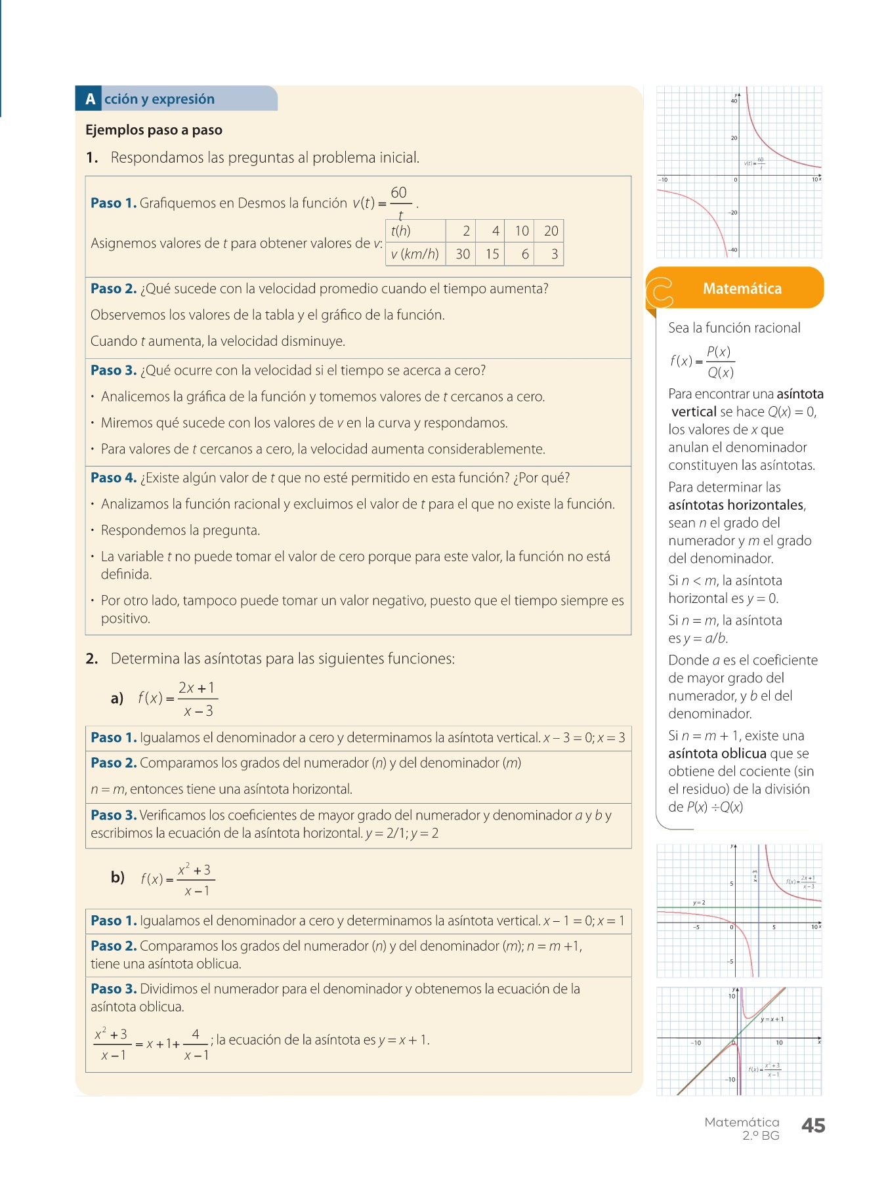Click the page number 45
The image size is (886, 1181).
(813, 1126)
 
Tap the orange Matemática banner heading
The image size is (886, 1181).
(742, 289)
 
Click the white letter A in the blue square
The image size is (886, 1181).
(90, 99)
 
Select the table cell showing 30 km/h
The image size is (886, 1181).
(463, 255)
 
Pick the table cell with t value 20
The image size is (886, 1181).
(551, 231)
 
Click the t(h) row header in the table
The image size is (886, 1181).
(401, 231)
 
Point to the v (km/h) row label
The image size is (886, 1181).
(415, 255)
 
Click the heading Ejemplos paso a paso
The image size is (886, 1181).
(154, 130)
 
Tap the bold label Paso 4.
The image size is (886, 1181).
(114, 478)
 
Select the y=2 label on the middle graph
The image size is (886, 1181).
(699, 903)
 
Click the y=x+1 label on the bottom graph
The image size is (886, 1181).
(772, 1020)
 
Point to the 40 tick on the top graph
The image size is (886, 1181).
(734, 101)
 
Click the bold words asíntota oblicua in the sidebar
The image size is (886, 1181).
(717, 754)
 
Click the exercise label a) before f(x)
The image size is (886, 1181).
(117, 698)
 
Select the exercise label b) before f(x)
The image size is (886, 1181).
(117, 877)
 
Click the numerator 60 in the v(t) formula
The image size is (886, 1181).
(398, 193)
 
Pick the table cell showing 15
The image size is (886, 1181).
(492, 255)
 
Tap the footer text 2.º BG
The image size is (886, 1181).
(761, 1136)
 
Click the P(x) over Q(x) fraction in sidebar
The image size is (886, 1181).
(720, 362)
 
